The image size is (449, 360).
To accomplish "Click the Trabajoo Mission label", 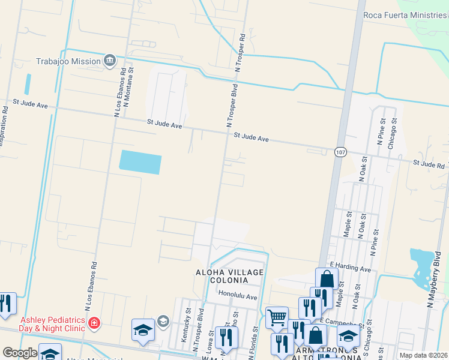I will [68, 61].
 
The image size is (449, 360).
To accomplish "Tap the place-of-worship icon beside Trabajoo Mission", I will [109, 60].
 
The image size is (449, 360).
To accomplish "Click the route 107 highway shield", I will [340, 152].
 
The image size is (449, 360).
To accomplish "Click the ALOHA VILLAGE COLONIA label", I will [230, 276].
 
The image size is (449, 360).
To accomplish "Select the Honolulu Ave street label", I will [238, 296].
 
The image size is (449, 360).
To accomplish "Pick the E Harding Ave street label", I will [351, 268].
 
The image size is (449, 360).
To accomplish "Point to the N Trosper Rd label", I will [241, 53].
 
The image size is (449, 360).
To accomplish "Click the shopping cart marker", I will [276, 317].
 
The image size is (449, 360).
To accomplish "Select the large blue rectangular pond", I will [140, 162].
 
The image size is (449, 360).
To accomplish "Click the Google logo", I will [20, 353].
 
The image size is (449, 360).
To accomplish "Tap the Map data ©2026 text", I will [423, 355].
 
